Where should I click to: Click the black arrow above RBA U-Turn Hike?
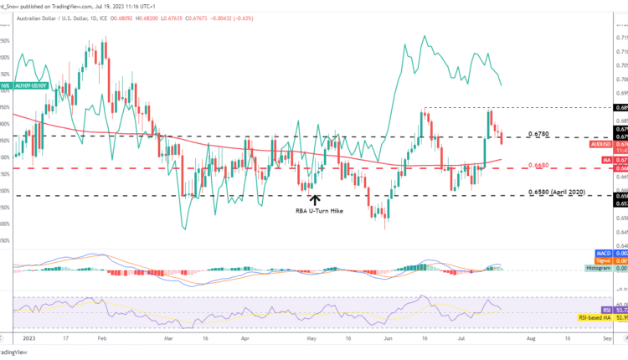point(314,200)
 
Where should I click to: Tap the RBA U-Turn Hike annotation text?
point(314,212)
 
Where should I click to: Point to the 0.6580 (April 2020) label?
point(560,193)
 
